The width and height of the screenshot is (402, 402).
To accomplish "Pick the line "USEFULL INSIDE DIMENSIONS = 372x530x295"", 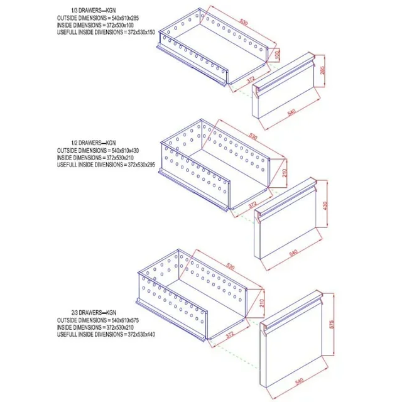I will point(106,165).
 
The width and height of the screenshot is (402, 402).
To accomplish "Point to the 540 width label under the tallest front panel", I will point(298,381).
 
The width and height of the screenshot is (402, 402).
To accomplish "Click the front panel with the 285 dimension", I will point(286,94).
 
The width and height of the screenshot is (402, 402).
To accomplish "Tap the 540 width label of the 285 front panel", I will point(291,111).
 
